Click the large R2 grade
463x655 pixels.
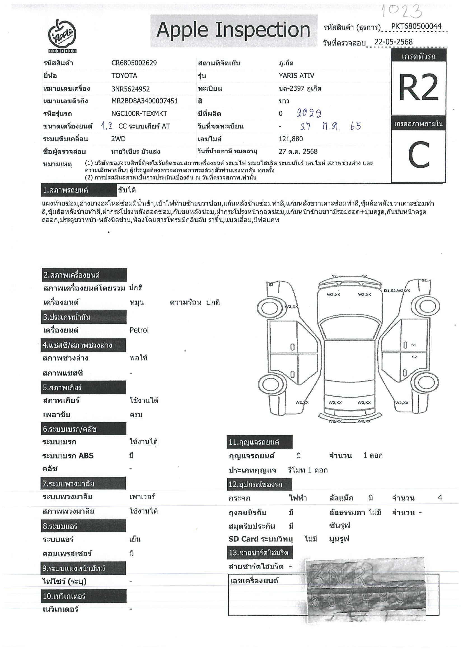click(418, 87)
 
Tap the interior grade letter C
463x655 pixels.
click(418, 155)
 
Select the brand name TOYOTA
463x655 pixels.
click(124, 76)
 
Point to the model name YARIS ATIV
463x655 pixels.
click(296, 76)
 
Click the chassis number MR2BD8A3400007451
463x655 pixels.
click(144, 101)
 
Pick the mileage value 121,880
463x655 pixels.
click(291, 139)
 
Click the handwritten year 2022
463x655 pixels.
click(309, 113)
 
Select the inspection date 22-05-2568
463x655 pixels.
click(393, 42)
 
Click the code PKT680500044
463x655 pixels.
click(416, 26)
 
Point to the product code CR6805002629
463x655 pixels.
click(134, 63)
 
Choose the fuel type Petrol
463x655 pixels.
click(139, 330)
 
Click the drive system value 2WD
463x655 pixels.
click(118, 139)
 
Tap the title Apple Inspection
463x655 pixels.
click(233, 30)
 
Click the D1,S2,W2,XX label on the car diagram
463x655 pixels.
click(397, 291)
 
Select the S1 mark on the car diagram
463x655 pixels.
click(414, 345)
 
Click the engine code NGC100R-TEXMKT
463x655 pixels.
click(139, 114)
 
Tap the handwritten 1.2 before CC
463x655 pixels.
click(107, 126)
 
